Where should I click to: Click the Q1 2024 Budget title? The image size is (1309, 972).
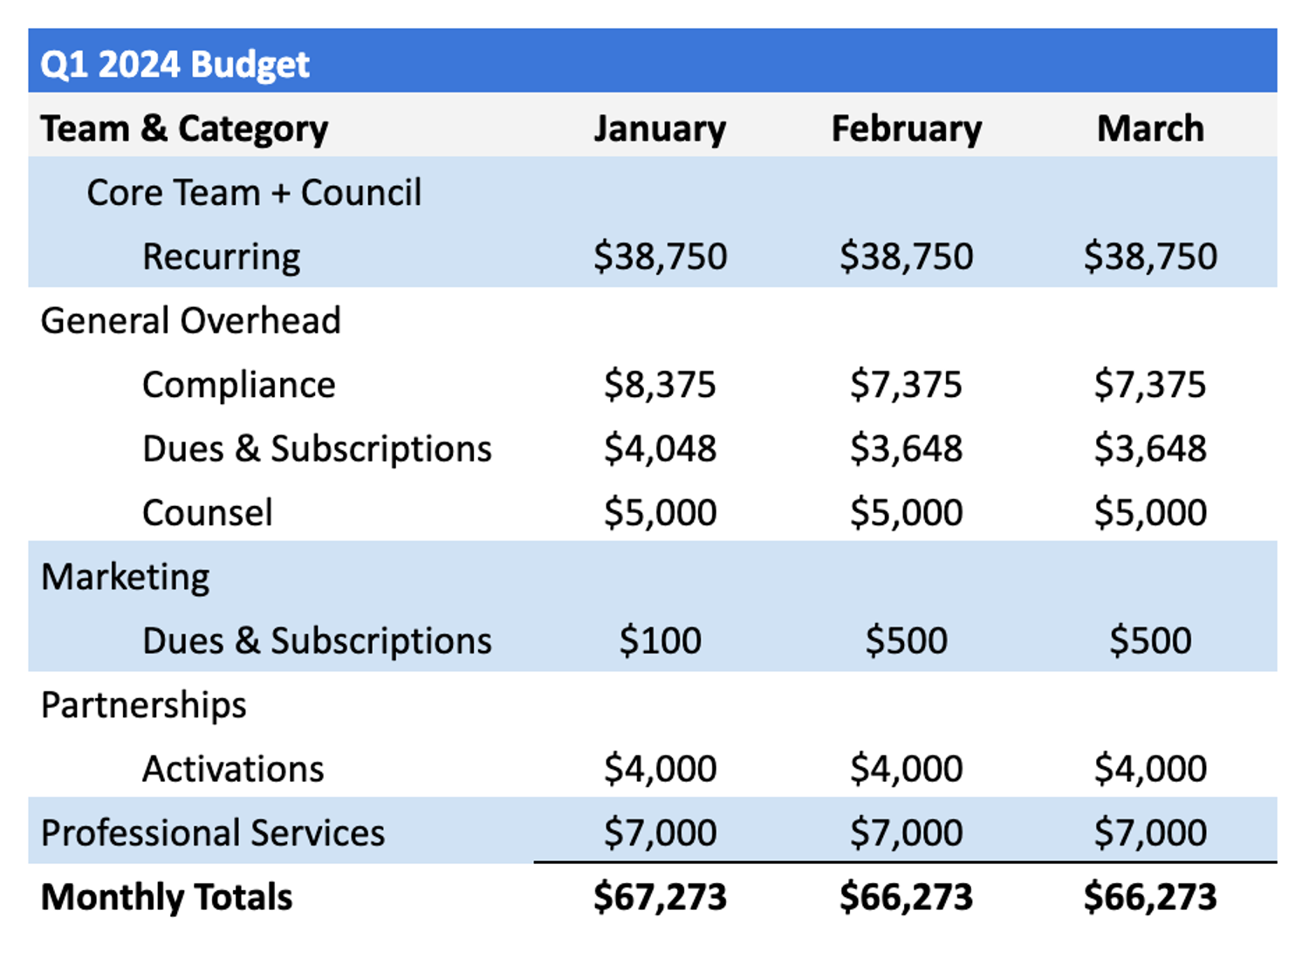click(175, 65)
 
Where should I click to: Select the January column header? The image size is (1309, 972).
click(660, 129)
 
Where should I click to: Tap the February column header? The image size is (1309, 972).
click(906, 129)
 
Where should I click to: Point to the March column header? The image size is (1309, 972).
click(1150, 129)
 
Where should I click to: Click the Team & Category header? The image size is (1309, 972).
click(184, 129)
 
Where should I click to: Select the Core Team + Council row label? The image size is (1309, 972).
click(254, 193)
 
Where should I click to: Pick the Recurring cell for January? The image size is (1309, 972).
click(660, 257)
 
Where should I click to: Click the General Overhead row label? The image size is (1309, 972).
click(190, 321)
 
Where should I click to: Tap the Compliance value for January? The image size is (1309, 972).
click(660, 385)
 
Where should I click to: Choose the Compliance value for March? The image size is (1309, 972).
click(1150, 385)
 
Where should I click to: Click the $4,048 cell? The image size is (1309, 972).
click(660, 448)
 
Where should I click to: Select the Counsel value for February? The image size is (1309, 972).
click(906, 512)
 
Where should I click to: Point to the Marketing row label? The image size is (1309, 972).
click(125, 577)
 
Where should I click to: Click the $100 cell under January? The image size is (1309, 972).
click(660, 640)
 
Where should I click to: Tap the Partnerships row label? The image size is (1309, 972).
click(143, 705)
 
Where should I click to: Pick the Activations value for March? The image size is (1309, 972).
click(1150, 769)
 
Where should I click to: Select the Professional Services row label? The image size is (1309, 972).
click(212, 832)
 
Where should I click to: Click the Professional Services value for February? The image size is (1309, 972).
click(906, 832)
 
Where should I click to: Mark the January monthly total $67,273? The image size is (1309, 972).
click(660, 897)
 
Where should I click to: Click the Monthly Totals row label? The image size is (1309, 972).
click(166, 897)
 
